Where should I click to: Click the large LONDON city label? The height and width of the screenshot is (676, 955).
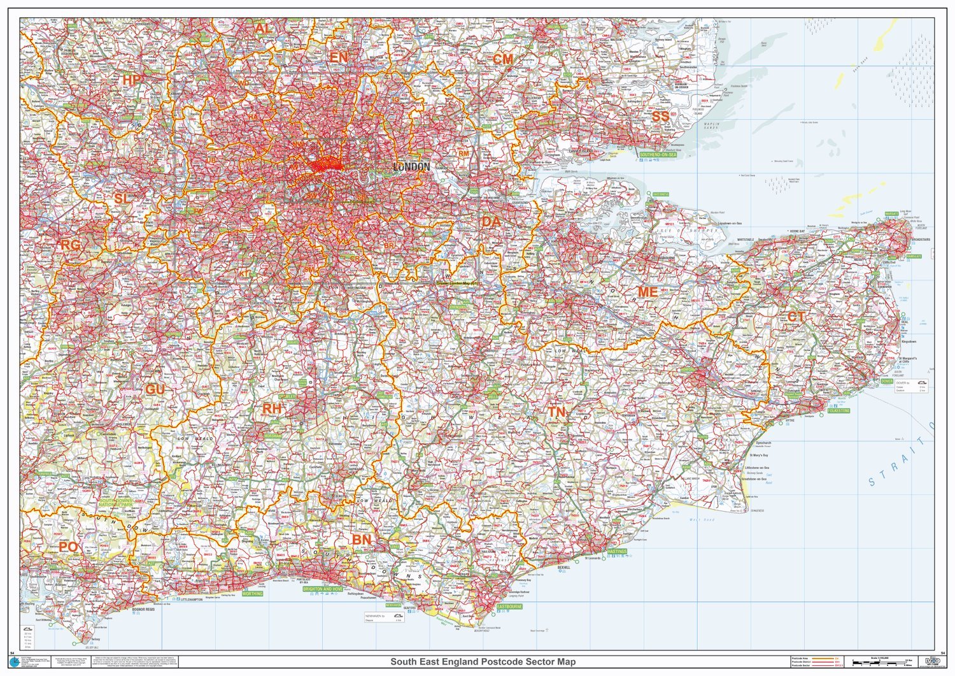coord(411,167)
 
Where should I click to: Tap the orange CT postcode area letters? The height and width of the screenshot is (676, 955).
coord(796,317)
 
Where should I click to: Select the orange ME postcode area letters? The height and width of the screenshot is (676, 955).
coord(647,292)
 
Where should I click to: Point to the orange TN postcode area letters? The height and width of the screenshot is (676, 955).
coord(556,412)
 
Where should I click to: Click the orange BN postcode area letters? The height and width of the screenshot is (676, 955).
coord(362,540)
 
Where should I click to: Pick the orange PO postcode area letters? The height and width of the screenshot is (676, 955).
coord(68,547)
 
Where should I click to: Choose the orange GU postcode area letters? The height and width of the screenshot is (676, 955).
coord(155,389)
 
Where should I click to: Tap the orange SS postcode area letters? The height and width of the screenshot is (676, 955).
coord(660,117)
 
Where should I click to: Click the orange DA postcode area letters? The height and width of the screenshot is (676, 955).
coord(491,222)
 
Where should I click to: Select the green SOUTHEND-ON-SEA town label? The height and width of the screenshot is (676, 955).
coord(658,155)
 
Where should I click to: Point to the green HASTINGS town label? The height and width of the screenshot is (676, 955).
coord(616,551)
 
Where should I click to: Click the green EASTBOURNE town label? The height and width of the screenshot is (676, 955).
coord(509,607)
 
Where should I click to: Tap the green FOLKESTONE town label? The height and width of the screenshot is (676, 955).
coord(838,411)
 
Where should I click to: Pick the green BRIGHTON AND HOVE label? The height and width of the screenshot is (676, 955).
coord(322,589)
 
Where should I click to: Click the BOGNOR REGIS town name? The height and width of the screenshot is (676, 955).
coord(143,610)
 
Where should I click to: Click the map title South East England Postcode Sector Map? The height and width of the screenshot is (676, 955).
coord(483,662)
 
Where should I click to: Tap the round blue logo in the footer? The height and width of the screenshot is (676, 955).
coord(15,663)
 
